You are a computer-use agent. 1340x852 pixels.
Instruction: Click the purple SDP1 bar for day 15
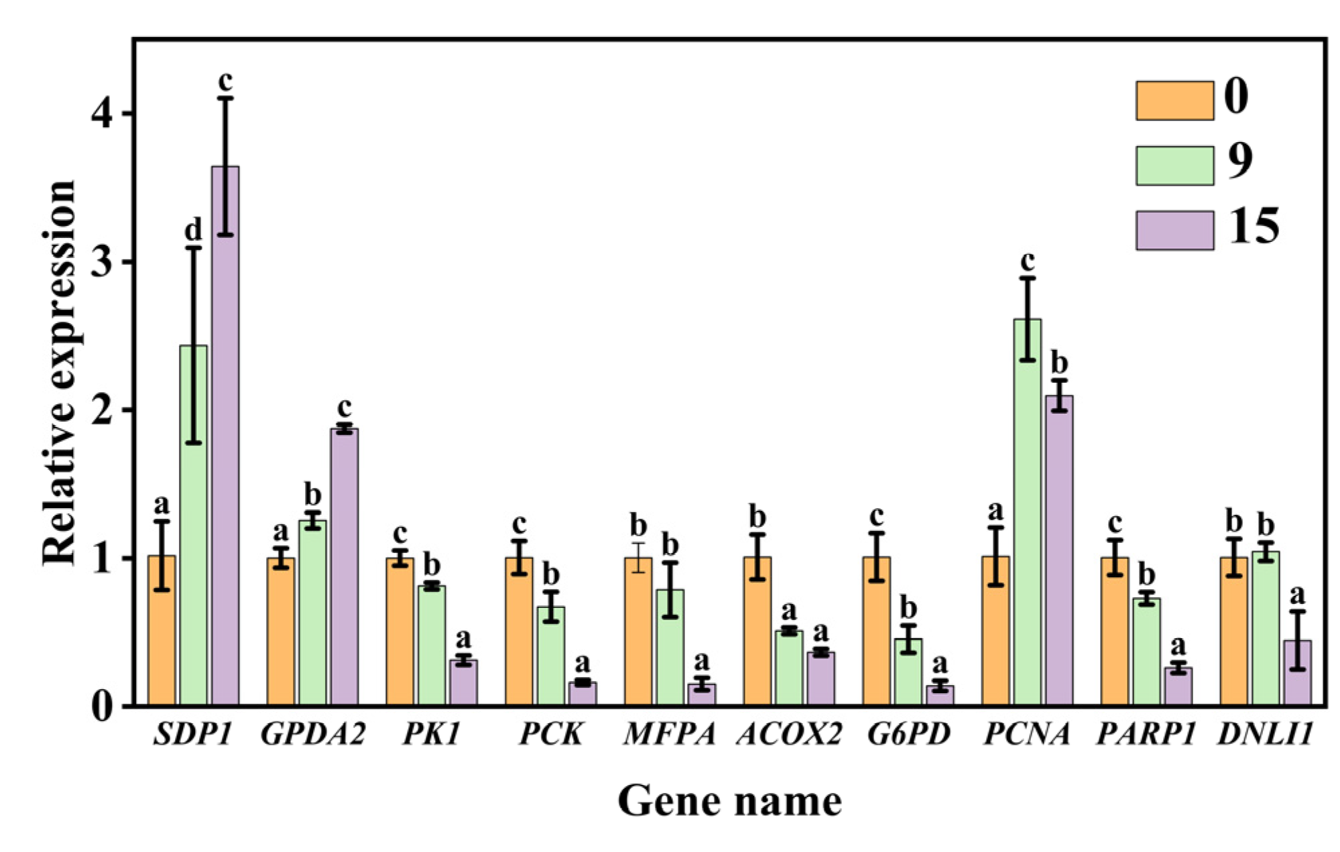point(225,436)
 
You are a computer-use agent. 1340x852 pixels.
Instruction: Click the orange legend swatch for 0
point(1174,101)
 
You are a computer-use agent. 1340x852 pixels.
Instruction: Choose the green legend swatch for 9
point(1174,165)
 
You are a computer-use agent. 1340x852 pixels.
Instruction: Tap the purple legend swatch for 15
point(1174,230)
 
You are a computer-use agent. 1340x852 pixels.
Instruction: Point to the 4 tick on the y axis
point(103,114)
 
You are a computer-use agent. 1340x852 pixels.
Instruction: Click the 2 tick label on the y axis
point(103,410)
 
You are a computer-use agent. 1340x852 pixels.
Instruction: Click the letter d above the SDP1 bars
point(193,230)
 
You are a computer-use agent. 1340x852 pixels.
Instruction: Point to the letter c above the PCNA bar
point(1027,260)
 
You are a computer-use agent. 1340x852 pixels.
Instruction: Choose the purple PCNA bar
point(1059,550)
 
